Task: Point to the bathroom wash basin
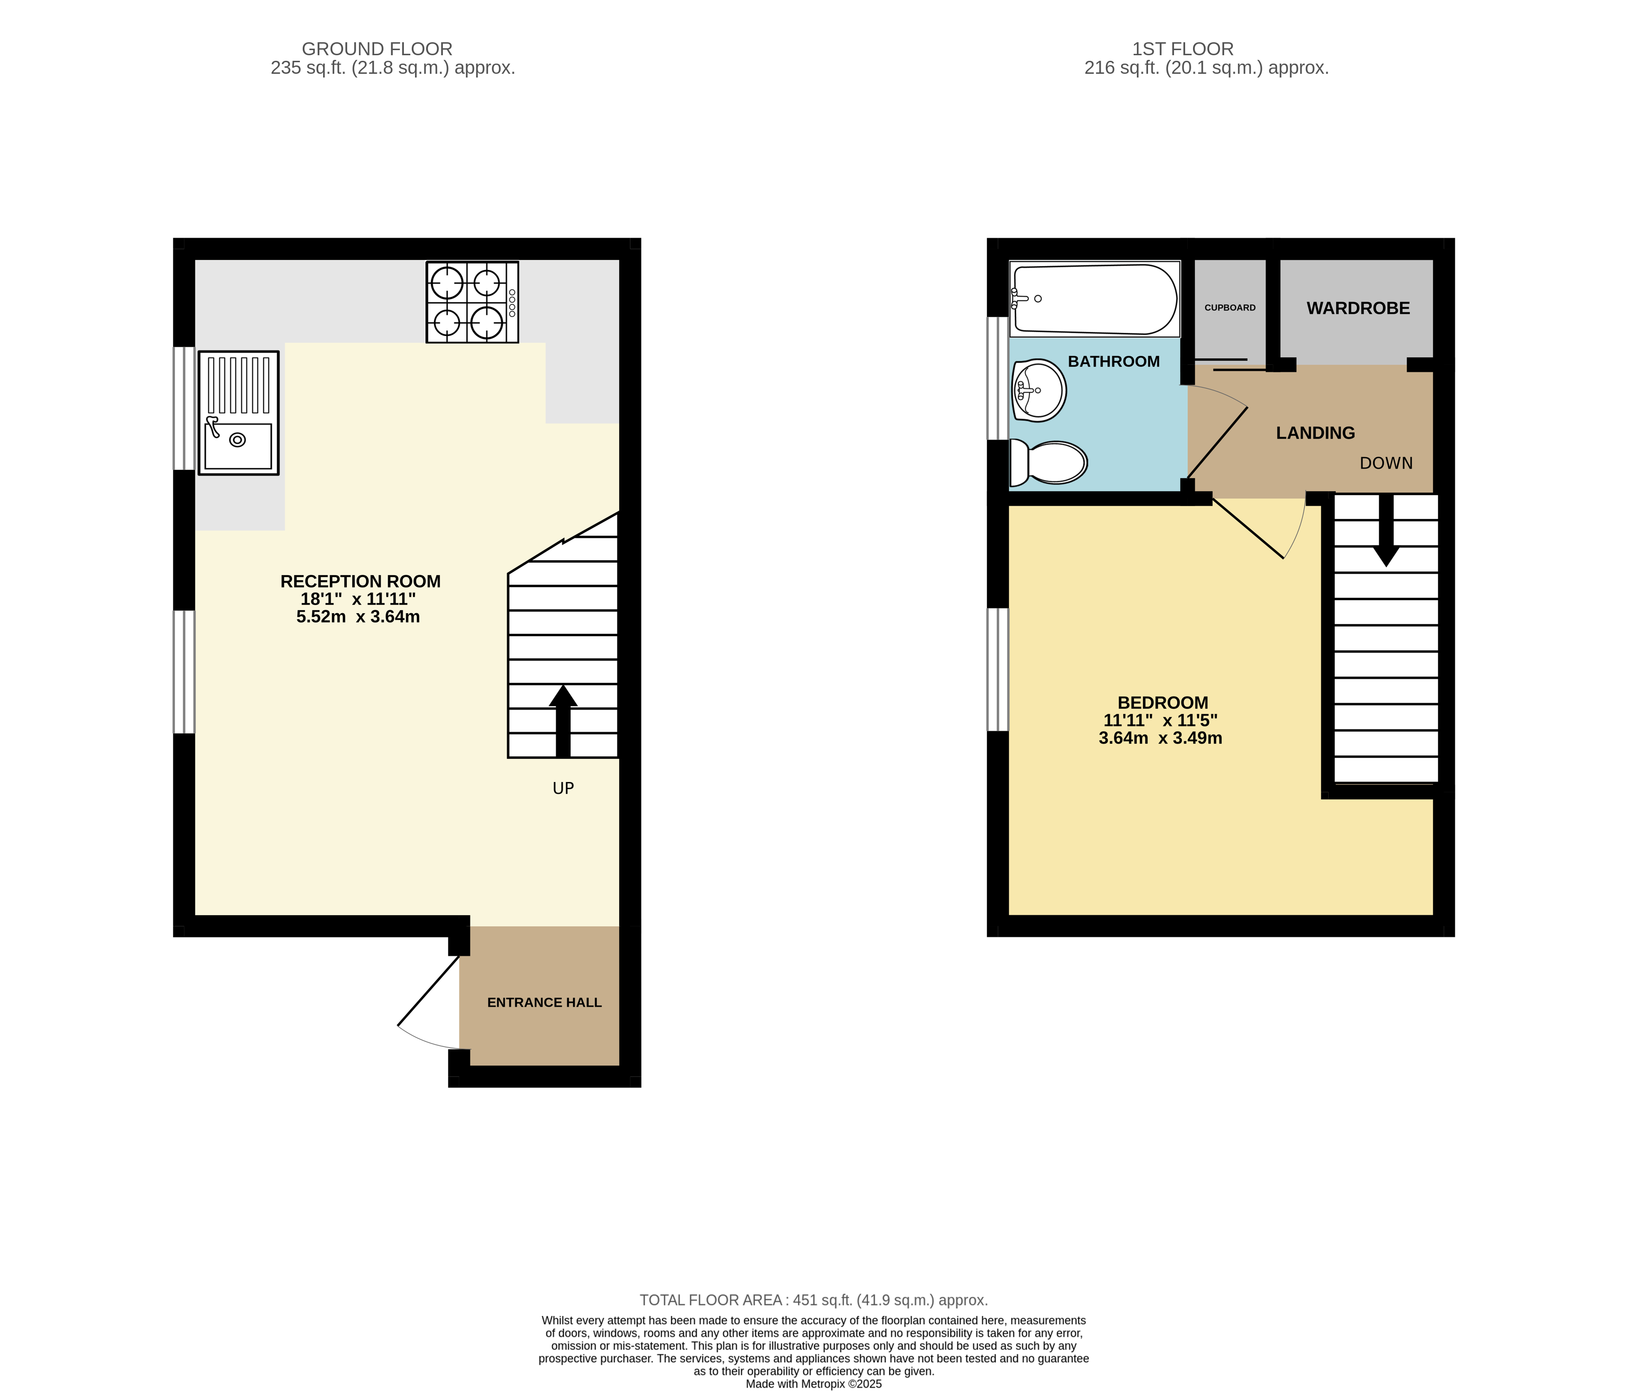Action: pos(1039,390)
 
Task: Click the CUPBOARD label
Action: pos(1230,308)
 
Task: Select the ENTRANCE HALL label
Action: pos(544,1002)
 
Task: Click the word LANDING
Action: pos(1315,433)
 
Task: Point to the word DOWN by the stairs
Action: pos(1386,463)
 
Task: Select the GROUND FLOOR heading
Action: pos(377,49)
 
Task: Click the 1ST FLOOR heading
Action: pos(1182,49)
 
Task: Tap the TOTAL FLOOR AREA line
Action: pos(813,1300)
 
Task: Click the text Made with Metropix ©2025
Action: pos(813,1384)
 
